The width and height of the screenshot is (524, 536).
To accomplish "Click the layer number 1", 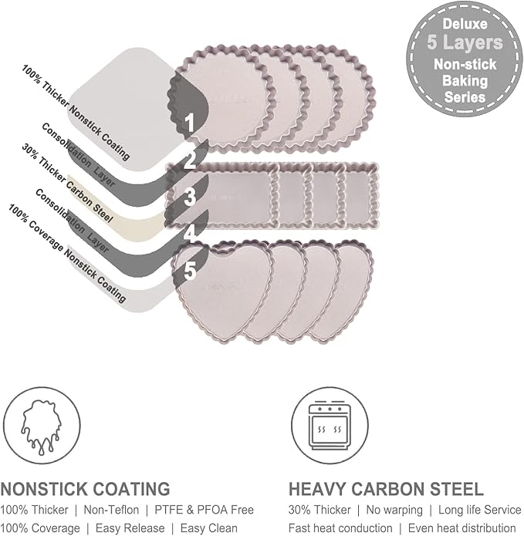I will (188, 121).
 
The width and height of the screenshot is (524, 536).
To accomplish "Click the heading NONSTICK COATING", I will (85, 488).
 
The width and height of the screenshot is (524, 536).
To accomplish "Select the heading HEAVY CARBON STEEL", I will (386, 488).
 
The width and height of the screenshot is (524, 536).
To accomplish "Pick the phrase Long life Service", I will (476, 510).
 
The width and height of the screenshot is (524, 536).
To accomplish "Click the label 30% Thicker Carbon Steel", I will (67, 183).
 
